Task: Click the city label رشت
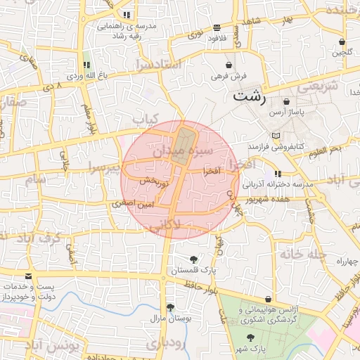tap(250, 96)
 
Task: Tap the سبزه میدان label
tap(184, 150)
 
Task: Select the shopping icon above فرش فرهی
tap(229, 65)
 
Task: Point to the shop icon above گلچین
tap(342, 41)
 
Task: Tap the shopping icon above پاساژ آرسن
tap(286, 103)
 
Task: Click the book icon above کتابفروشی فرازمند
tap(276, 136)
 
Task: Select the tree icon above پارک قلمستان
tap(193, 260)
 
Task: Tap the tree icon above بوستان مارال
tap(170, 307)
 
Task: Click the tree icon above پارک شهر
tap(251, 338)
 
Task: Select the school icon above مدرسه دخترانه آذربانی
tap(278, 173)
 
